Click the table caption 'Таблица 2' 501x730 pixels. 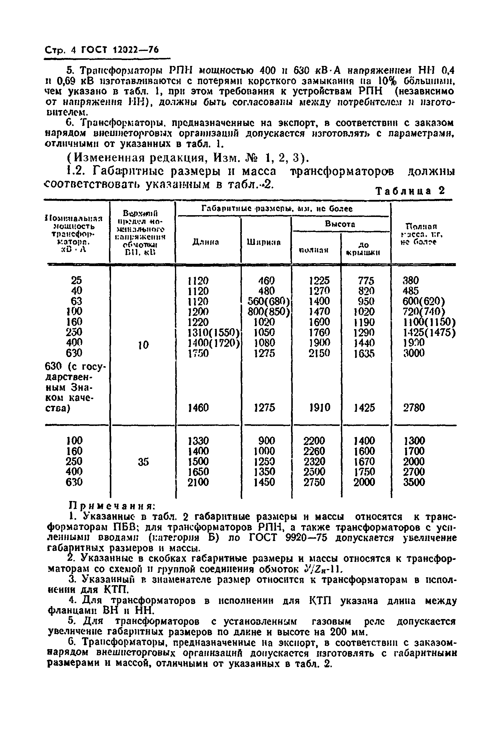410,191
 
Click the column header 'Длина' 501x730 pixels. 206,242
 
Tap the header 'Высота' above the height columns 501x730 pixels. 340,224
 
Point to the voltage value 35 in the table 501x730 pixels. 143,462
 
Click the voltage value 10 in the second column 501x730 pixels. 143,345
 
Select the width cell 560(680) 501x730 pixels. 268,301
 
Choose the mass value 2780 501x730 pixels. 414,408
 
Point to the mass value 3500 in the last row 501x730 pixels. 414,482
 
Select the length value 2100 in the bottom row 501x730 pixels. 198,482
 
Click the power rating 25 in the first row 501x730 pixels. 76,280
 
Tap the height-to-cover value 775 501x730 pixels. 366,280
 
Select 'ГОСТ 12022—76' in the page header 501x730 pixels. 120,50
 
